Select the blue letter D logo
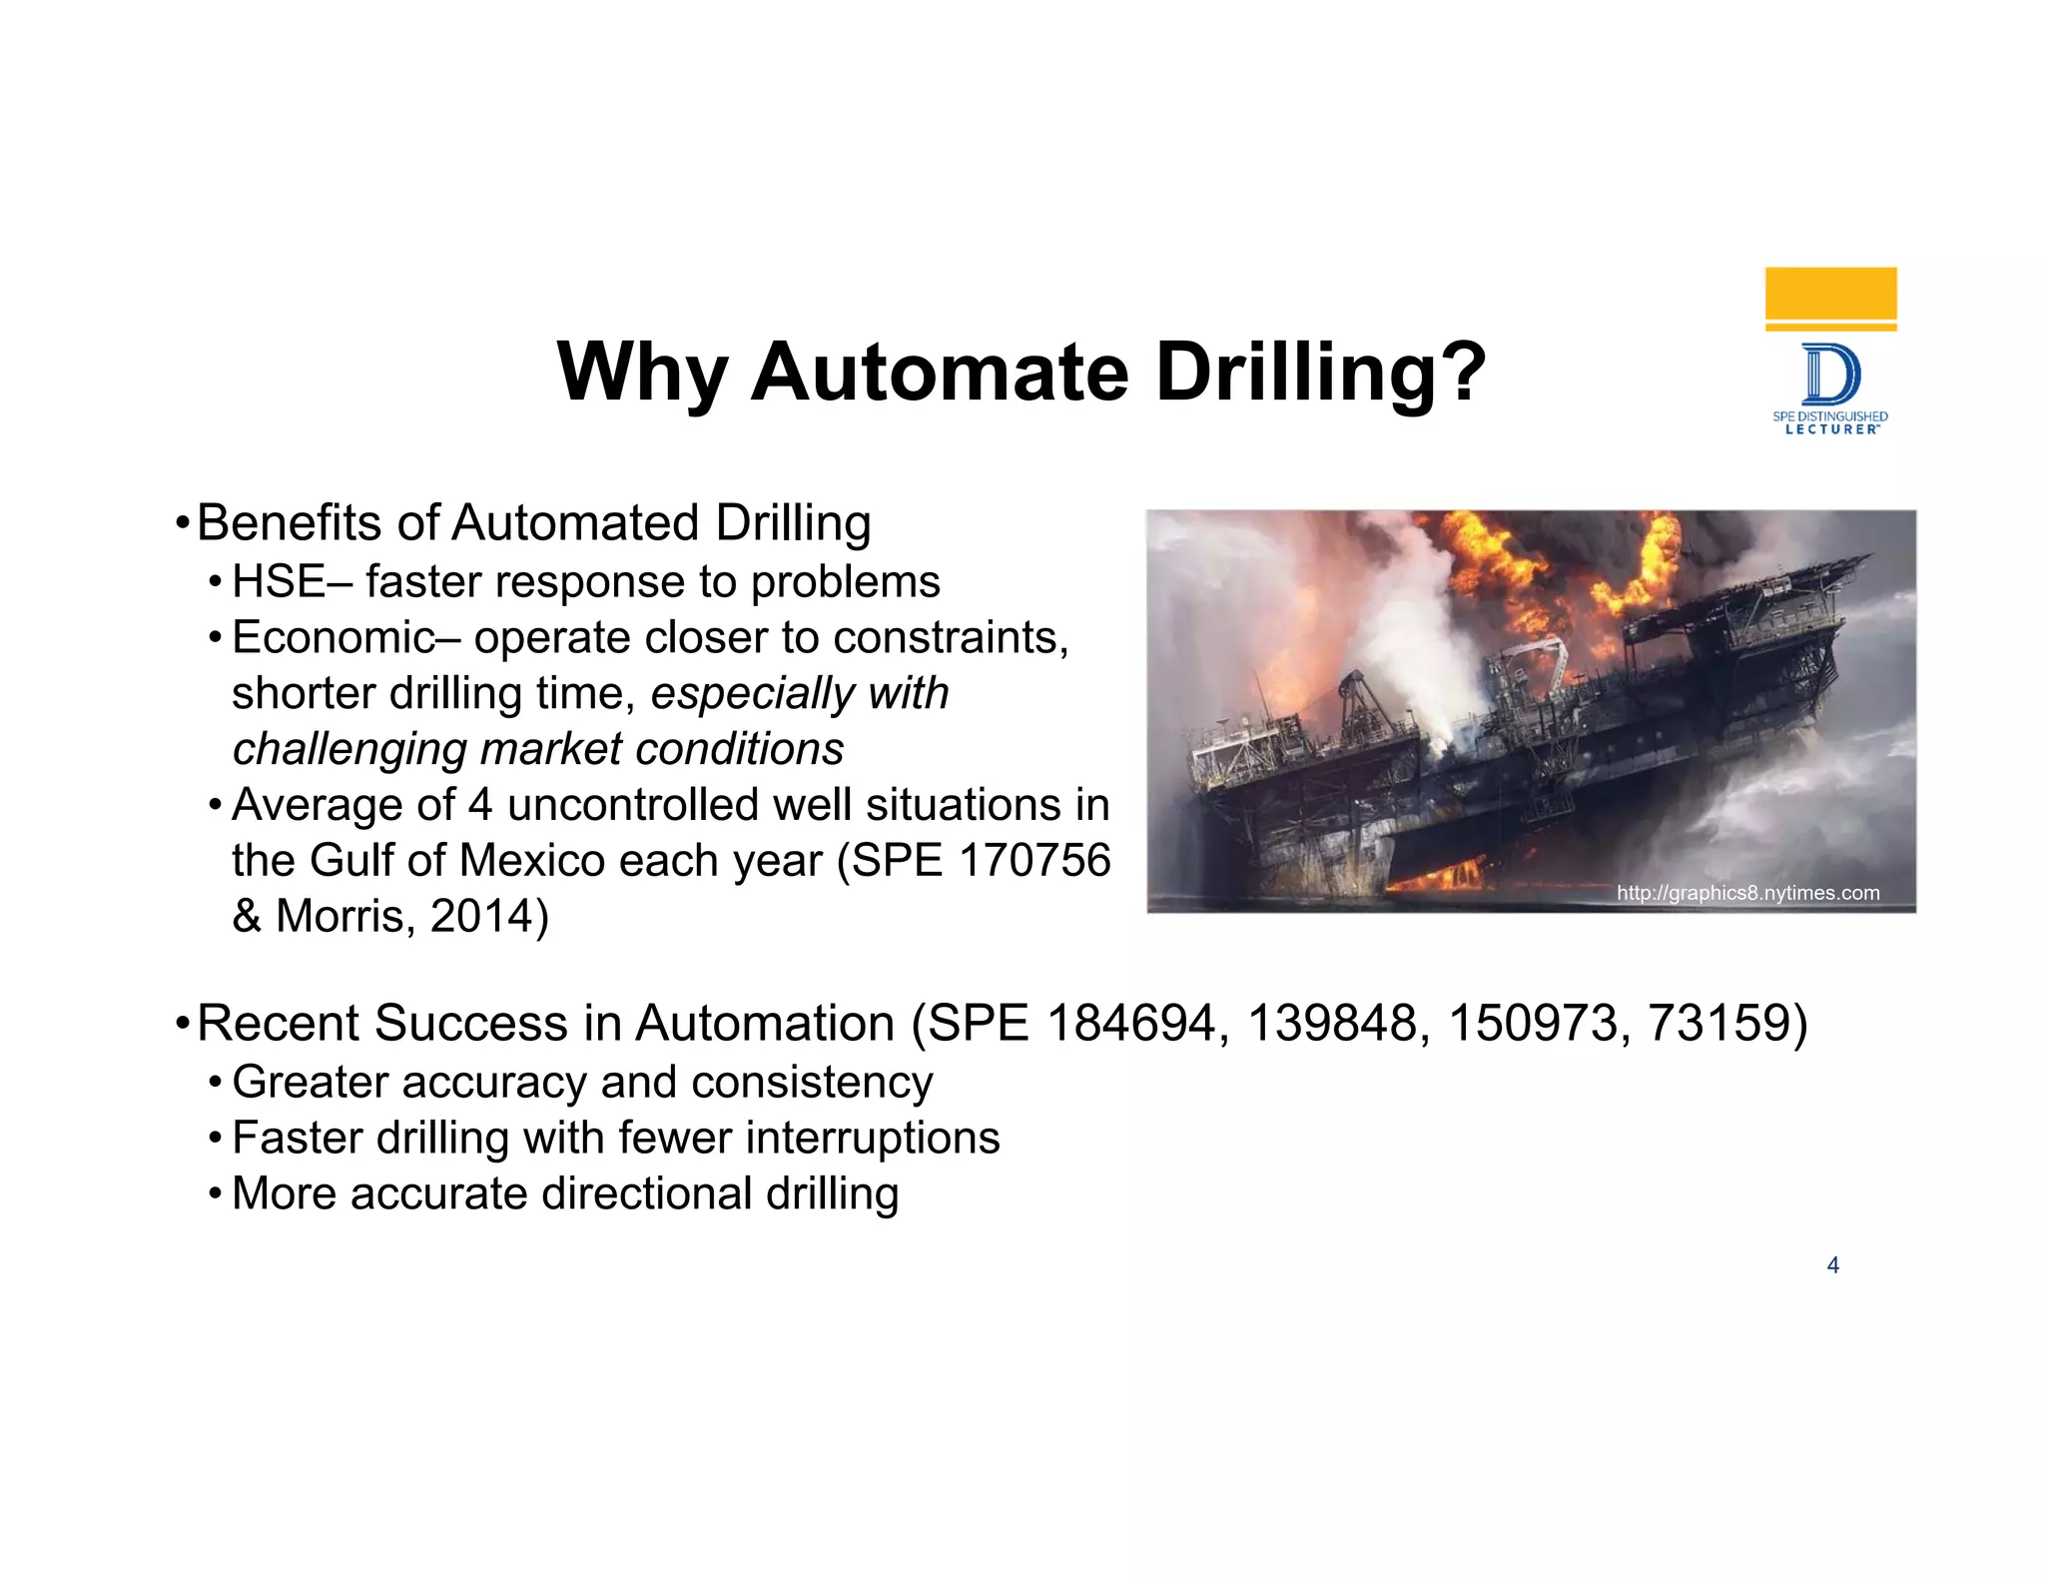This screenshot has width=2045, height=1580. pyautogui.click(x=1831, y=375)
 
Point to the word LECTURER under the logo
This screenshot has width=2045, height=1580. pyautogui.click(x=1831, y=429)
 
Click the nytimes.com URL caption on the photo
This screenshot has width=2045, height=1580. pyautogui.click(x=1747, y=893)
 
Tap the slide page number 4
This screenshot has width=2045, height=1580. pyautogui.click(x=1832, y=1265)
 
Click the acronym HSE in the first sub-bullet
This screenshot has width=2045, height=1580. pyautogui.click(x=279, y=582)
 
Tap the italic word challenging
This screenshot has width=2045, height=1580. pyautogui.click(x=348, y=749)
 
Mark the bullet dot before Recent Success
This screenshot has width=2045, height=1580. pyautogui.click(x=182, y=1024)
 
